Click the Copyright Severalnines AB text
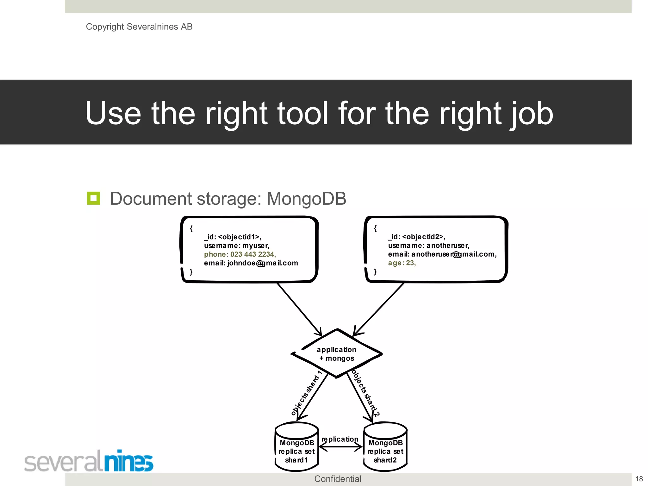(x=139, y=27)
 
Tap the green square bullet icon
(x=93, y=198)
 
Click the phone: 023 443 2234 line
(x=240, y=254)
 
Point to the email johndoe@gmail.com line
(x=251, y=263)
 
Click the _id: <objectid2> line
(x=416, y=237)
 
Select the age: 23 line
(x=402, y=263)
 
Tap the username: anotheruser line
(x=428, y=246)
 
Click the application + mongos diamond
(x=337, y=354)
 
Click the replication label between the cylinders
(x=340, y=439)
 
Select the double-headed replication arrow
(x=340, y=447)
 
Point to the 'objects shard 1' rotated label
(x=306, y=393)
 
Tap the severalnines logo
(x=89, y=461)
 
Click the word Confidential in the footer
(x=337, y=479)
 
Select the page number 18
(x=639, y=479)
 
